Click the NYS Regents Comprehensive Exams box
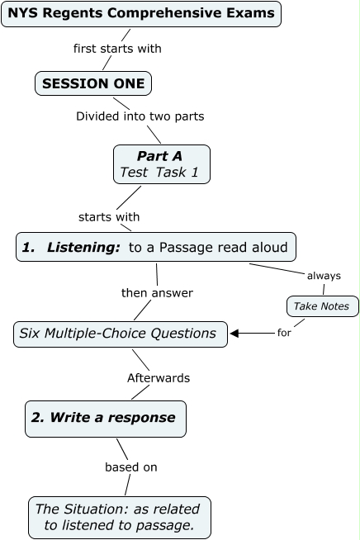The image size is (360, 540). point(141,14)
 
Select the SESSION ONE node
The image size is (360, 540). point(93,83)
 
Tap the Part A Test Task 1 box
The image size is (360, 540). point(161,164)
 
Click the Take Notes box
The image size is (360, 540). point(323,306)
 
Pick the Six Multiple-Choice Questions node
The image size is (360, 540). point(121,334)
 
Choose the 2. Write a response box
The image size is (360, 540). point(105,418)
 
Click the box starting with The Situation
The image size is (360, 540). point(119,517)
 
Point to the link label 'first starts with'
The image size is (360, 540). point(117,49)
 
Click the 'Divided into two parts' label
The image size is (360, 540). point(140,116)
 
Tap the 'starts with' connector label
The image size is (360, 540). point(109,217)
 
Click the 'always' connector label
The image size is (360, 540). point(324,276)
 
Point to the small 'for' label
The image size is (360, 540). point(284,334)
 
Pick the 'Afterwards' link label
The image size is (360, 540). point(159,378)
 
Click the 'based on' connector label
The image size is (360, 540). point(130,467)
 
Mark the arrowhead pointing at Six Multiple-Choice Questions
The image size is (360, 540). point(234,334)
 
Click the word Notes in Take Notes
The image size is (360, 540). point(336,306)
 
